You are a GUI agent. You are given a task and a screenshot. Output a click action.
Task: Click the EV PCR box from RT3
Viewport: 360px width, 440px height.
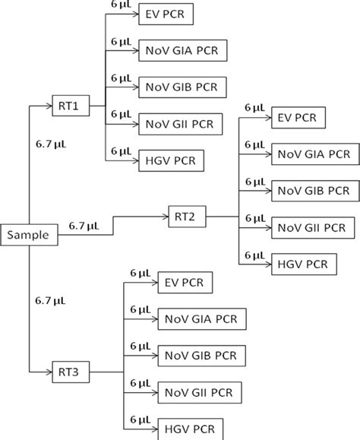(185, 283)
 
